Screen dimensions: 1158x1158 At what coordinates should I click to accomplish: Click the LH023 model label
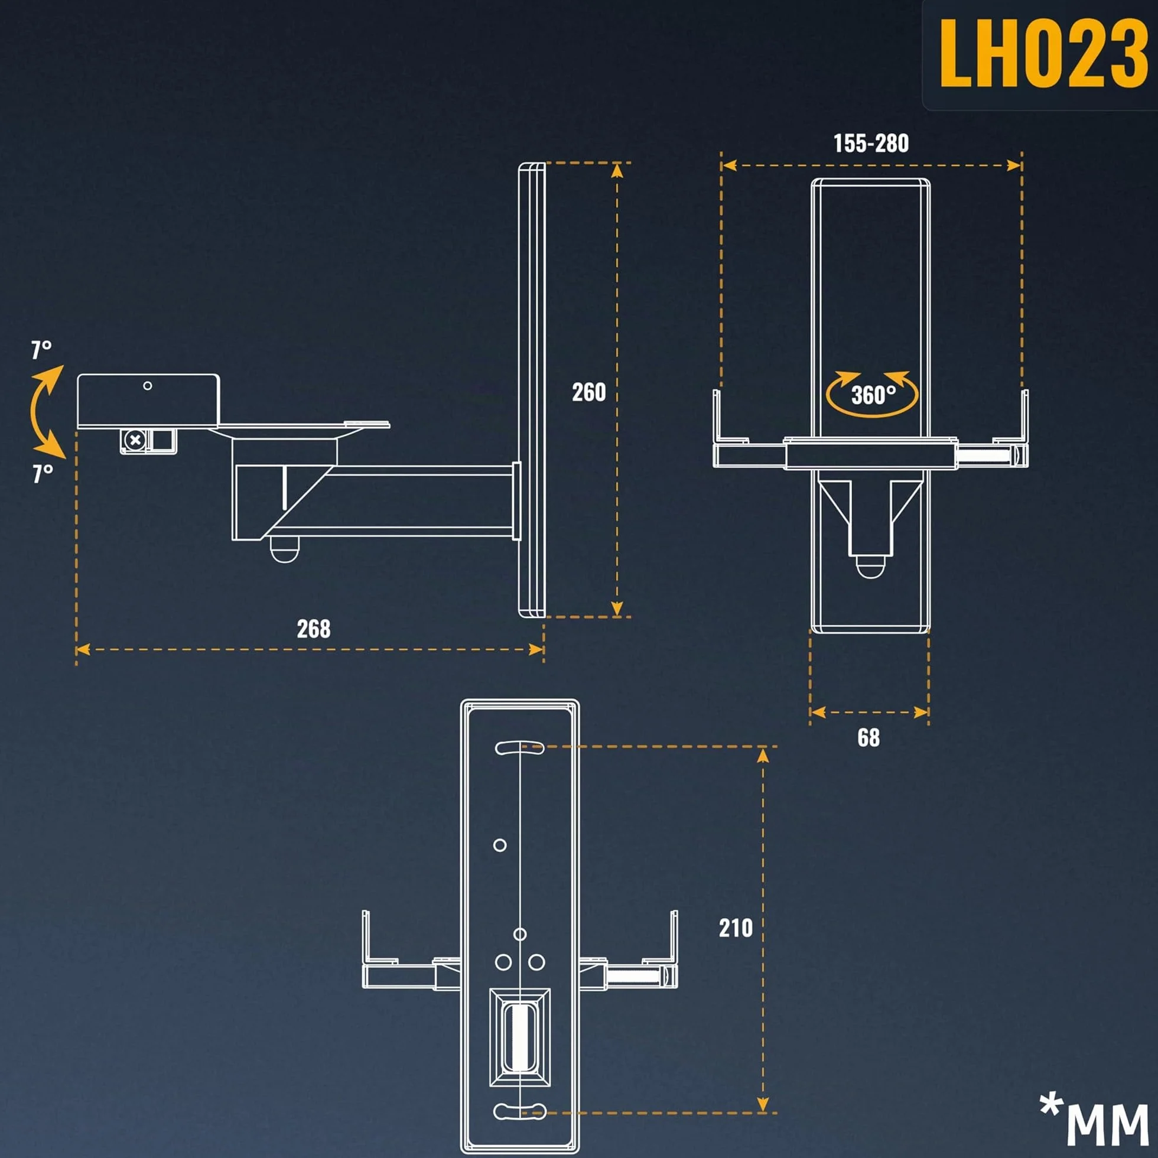click(x=1043, y=53)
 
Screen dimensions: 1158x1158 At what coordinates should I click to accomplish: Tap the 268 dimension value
click(x=314, y=629)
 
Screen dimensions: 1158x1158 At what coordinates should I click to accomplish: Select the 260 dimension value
click(x=588, y=392)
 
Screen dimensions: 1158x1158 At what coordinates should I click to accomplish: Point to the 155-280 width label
click(x=871, y=142)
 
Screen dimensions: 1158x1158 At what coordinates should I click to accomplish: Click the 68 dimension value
click(x=868, y=737)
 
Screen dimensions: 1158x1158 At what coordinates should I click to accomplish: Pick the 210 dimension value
click(x=736, y=928)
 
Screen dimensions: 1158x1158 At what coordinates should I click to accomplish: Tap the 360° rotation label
click(x=873, y=395)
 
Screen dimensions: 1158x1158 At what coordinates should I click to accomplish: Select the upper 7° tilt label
click(x=41, y=349)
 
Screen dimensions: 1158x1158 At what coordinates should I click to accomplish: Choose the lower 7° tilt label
click(x=43, y=473)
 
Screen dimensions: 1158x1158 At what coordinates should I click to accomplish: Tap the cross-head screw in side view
click(x=135, y=441)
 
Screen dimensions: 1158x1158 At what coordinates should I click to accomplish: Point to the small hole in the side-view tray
click(x=148, y=386)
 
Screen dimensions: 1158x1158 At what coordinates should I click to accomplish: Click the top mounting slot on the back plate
click(x=519, y=747)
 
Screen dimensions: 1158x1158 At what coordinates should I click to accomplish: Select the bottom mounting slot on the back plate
click(x=519, y=1111)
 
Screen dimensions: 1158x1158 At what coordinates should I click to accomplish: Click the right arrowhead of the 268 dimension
click(x=536, y=649)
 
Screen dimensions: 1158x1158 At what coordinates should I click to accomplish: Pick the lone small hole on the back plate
click(x=499, y=845)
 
